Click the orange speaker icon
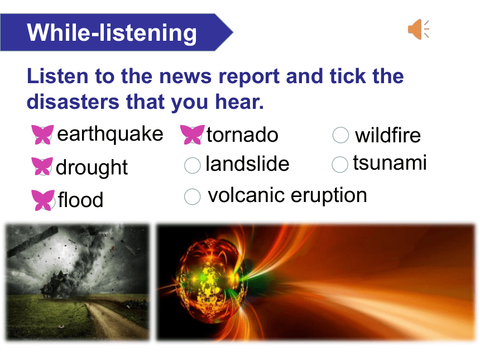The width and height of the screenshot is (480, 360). pos(418,30)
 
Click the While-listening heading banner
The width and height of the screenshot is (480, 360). pos(116,32)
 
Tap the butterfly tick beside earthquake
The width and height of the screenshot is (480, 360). pos(42,135)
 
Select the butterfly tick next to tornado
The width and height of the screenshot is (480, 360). pos(192,135)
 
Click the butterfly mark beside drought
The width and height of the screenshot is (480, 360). pos(42,166)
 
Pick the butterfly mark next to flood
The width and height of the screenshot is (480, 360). pos(43,200)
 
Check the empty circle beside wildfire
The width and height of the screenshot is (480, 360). pos(340,135)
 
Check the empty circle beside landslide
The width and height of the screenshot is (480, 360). pos(192,165)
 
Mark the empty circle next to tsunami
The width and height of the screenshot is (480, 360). pos(340,165)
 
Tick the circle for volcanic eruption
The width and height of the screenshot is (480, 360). pos(192,196)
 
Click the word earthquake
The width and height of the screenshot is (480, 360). pos(110,135)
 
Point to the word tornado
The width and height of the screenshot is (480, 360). pos(242,135)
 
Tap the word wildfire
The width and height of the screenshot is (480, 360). pos(388,135)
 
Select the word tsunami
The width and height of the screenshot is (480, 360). pos(390,162)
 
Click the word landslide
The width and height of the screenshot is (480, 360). pos(247,164)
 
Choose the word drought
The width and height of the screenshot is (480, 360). pos(92,167)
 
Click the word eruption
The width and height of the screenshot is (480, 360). pos(329,195)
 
